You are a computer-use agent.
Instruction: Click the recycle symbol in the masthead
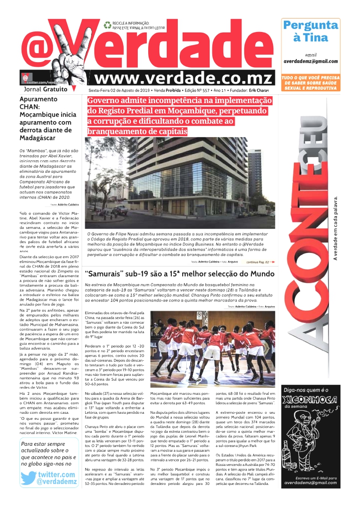(x=107, y=24)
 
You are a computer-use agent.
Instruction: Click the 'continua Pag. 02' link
(x=259, y=262)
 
